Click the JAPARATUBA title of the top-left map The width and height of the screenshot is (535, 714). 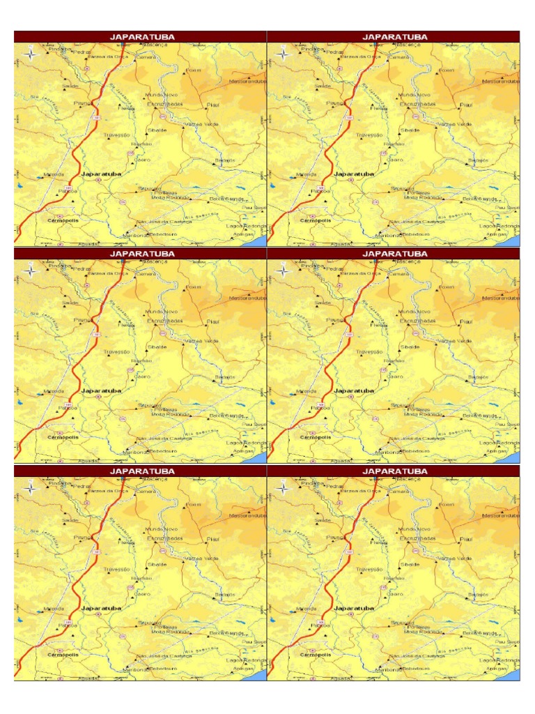pos(141,36)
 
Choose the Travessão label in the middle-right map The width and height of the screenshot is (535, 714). pos(369,352)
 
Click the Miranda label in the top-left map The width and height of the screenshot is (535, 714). pos(53,174)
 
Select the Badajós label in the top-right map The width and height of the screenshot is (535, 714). pos(479,160)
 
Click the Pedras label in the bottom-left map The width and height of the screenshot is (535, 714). pos(82,486)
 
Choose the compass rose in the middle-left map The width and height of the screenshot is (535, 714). pos(31,271)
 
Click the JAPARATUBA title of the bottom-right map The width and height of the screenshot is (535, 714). pos(394,471)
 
